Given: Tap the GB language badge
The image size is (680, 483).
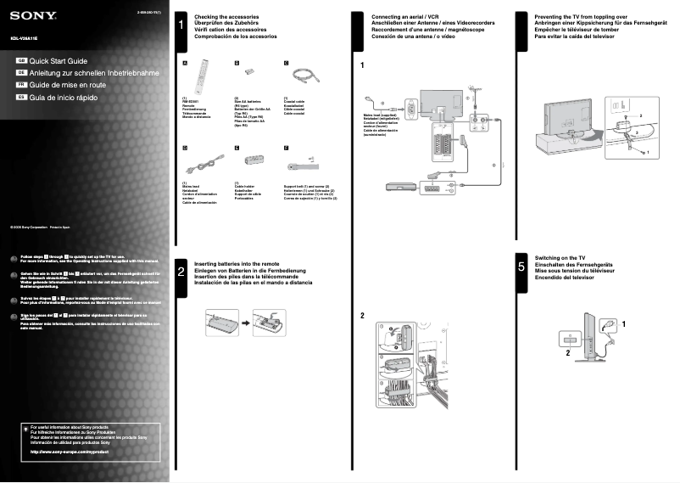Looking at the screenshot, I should point(23,62).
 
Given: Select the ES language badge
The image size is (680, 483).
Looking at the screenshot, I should point(23,98).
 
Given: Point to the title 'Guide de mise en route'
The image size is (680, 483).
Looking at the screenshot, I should point(68,86).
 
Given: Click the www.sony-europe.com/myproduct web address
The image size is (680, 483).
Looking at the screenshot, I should point(70,452).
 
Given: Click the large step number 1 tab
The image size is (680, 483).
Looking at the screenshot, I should point(181,26).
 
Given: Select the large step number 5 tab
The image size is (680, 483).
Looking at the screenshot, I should point(521,267).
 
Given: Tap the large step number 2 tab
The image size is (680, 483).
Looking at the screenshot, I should point(181,271).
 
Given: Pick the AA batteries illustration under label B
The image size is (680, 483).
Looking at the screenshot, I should point(240,74).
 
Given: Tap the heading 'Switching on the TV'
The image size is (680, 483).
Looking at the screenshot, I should point(560,257).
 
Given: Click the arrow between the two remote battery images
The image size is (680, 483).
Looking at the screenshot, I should point(241,323).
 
